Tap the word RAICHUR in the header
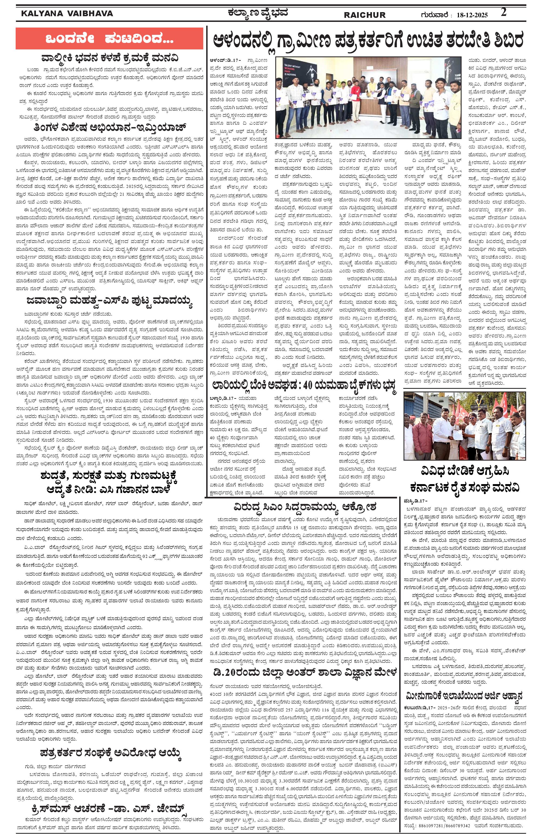point(364,15)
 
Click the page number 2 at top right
point(504,13)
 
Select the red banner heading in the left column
point(109,38)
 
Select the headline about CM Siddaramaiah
point(304,508)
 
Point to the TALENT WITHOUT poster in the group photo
point(292,70)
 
